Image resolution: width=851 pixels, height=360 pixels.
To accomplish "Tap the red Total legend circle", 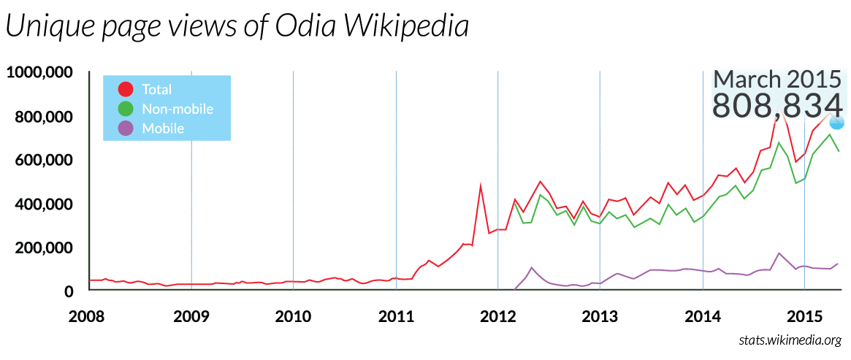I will coord(126,89).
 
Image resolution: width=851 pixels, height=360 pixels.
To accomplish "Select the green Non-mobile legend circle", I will coord(126,109).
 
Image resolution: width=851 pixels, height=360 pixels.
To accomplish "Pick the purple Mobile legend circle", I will coord(126,129).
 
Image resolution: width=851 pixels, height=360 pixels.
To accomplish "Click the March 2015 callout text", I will coord(777,79).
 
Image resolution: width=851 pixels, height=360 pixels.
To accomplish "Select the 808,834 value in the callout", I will coord(777,105).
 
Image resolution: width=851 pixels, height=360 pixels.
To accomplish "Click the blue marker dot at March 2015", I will coord(836,122).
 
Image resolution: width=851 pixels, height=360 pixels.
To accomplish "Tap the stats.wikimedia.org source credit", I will coord(790,340).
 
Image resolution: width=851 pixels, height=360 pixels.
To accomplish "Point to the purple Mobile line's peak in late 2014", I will coord(779,253).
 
